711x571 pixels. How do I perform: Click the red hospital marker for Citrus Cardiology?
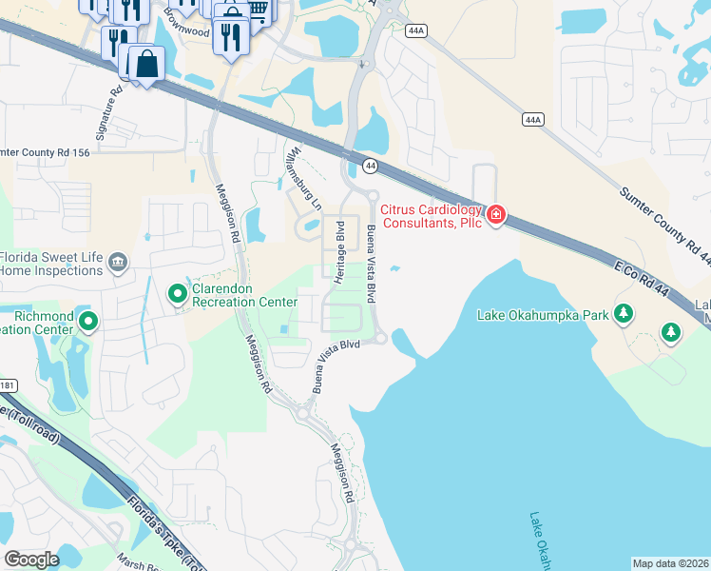[495, 217]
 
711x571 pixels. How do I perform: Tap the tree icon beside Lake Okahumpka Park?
[624, 313]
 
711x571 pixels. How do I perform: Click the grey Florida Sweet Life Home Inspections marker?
[117, 262]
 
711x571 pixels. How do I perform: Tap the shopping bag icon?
[146, 65]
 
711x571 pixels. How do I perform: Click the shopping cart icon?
[257, 10]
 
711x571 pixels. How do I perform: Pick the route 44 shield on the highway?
[370, 166]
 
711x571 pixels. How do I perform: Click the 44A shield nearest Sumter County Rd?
[532, 119]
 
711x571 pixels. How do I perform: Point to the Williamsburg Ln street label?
[305, 178]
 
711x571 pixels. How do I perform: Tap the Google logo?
[31, 559]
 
